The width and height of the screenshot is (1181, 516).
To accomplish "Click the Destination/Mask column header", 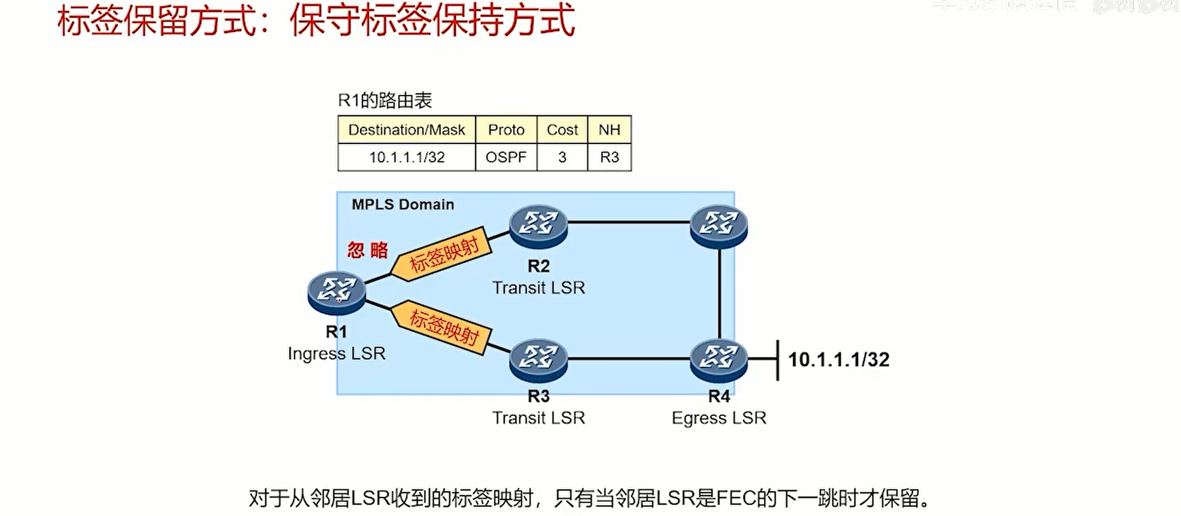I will click(406, 130).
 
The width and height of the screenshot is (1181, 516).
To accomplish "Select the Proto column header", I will click(506, 130).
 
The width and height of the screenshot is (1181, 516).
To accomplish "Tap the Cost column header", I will click(562, 130).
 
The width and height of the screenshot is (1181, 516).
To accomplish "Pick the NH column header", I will click(609, 130).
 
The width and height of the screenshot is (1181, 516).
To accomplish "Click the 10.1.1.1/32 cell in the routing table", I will click(406, 158).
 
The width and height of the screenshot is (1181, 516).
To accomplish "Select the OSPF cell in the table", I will click(506, 158).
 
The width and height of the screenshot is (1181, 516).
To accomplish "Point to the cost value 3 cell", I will click(562, 158).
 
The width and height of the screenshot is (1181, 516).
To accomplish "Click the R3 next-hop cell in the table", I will click(609, 158).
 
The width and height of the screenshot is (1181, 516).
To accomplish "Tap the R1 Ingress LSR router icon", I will click(336, 292).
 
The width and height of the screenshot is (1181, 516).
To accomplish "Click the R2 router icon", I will click(538, 226).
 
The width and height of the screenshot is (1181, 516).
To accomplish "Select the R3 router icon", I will click(538, 360).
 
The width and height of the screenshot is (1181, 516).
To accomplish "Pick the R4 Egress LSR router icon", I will click(719, 360).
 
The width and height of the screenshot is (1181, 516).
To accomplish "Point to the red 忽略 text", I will click(368, 250).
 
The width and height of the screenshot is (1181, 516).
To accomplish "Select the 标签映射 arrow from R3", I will click(442, 327).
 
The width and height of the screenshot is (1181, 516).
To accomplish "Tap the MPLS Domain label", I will click(403, 205).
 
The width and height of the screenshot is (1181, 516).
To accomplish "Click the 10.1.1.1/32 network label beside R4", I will click(838, 360).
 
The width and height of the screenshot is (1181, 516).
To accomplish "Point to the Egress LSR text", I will click(719, 418).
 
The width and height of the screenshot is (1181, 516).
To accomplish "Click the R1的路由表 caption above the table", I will click(385, 100).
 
